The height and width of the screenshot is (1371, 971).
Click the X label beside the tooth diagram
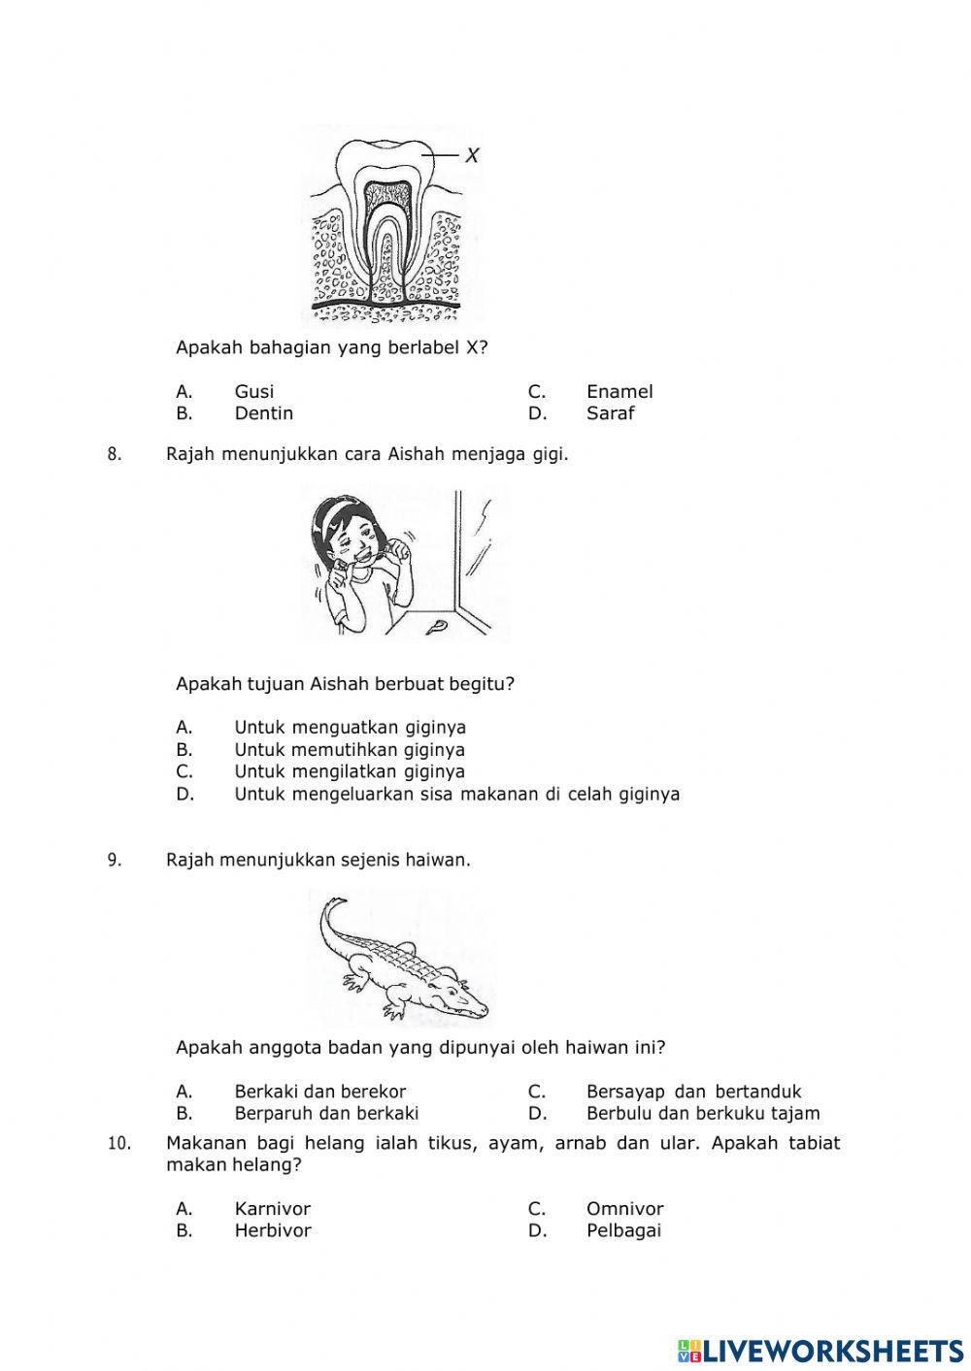(472, 154)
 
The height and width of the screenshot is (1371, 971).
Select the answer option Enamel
(619, 391)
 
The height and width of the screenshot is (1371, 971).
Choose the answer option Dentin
(263, 413)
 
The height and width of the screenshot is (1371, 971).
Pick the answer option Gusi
(253, 391)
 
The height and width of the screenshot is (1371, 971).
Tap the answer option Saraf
(610, 413)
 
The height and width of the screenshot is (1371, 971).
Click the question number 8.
(114, 454)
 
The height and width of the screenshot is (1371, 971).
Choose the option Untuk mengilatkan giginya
(349, 771)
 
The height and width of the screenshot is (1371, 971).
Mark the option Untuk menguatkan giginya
(350, 727)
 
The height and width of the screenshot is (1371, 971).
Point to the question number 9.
(114, 860)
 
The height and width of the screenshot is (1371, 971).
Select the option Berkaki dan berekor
(319, 1092)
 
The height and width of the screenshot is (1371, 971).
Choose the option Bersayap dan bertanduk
(693, 1092)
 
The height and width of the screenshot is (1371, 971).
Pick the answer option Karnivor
(272, 1208)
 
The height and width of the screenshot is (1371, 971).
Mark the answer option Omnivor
(624, 1208)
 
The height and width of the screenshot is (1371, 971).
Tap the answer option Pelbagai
(623, 1230)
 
